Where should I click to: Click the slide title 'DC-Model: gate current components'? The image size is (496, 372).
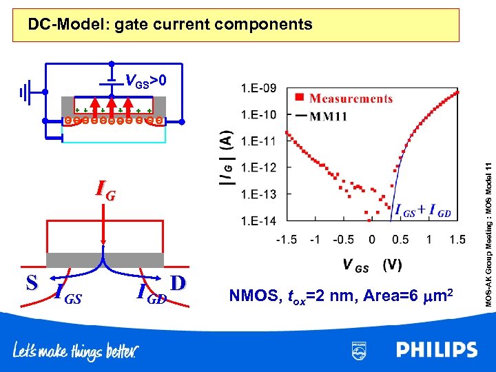pyautogui.click(x=169, y=25)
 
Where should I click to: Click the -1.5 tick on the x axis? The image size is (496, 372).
pyautogui.click(x=287, y=240)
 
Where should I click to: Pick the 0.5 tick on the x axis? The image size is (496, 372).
pyautogui.click(x=400, y=240)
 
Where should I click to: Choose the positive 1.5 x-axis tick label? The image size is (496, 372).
pyautogui.click(x=457, y=240)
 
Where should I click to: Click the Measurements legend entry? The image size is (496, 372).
pyautogui.click(x=350, y=99)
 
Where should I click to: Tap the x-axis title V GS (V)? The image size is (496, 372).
pyautogui.click(x=372, y=265)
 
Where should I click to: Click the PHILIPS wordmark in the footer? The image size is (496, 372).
pyautogui.click(x=437, y=351)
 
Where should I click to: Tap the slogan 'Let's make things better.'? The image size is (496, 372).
pyautogui.click(x=76, y=351)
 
